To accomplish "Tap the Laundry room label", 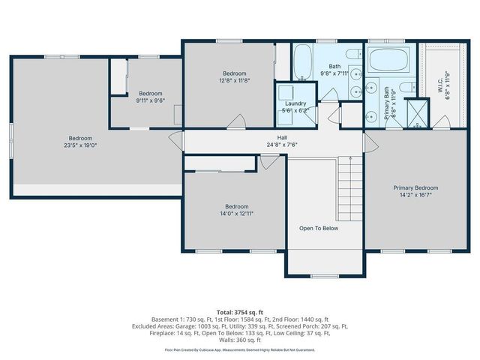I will pos(295,103).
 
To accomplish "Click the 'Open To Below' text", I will pos(319,228).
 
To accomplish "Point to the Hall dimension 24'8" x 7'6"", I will pos(282,145).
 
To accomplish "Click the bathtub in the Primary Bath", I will pos(388,59).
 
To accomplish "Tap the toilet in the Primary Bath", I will pos(406,88).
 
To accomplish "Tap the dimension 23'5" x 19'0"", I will pos(80,146).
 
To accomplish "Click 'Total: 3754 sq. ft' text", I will pos(239,310).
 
